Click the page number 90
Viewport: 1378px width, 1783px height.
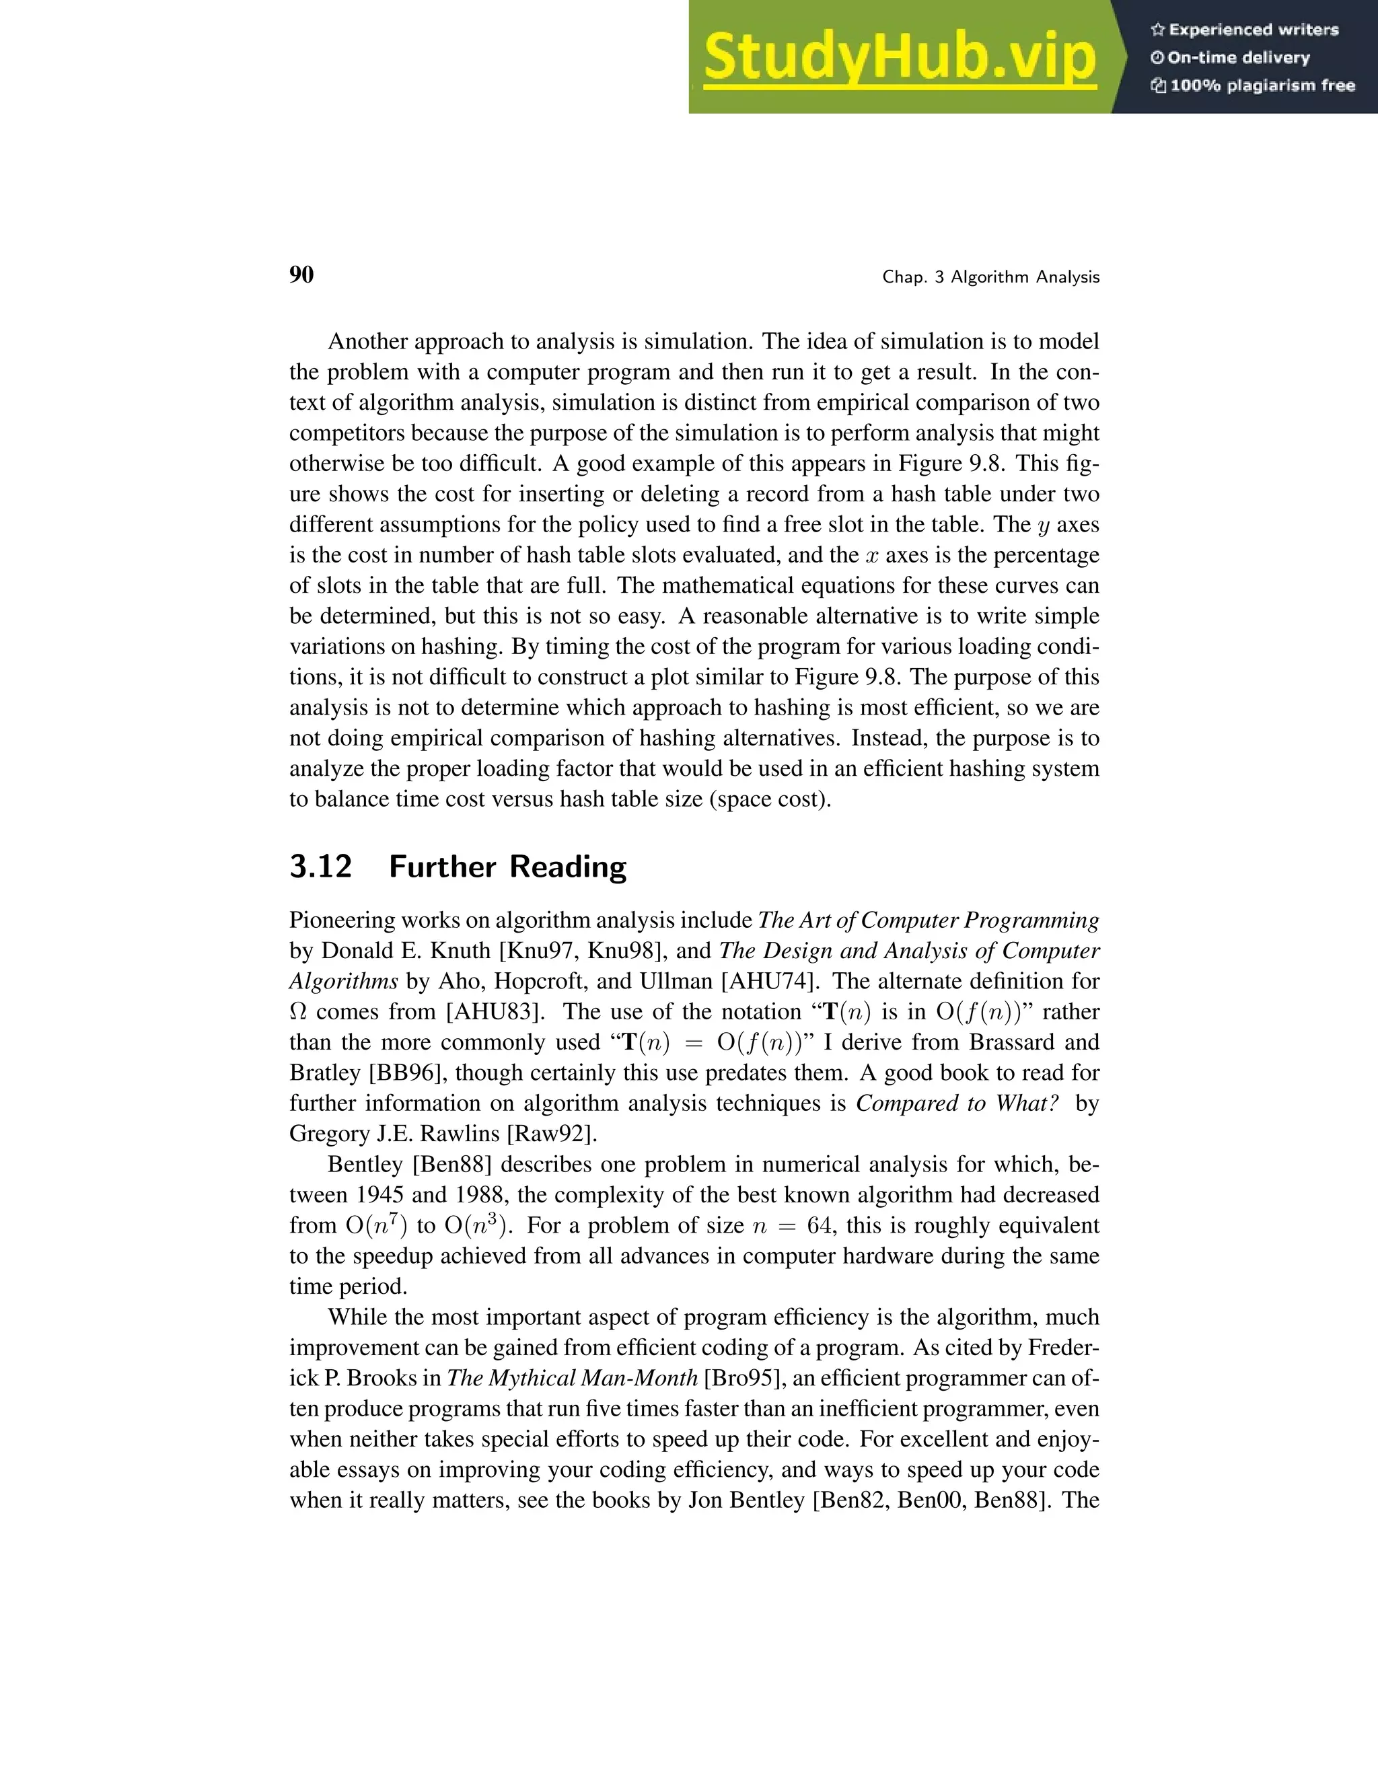[x=301, y=275]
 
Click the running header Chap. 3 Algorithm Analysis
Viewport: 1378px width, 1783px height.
[x=990, y=278]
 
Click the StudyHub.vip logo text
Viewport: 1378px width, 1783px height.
[x=899, y=57]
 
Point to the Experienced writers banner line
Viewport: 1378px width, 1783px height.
[x=1245, y=30]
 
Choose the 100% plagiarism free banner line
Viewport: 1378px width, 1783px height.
[x=1253, y=85]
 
